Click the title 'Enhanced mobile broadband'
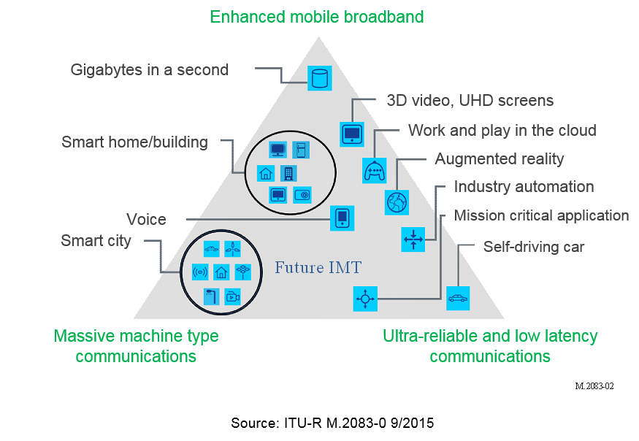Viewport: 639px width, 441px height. [x=316, y=16]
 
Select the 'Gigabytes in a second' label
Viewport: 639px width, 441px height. [x=149, y=70]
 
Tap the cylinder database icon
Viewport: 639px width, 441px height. [x=319, y=77]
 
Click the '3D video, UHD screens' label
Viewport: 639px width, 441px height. [x=470, y=101]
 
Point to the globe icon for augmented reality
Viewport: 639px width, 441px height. [x=397, y=202]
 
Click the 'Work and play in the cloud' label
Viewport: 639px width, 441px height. [x=502, y=131]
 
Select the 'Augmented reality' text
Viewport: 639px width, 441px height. [x=500, y=158]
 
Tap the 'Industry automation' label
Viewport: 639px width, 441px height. [x=524, y=186]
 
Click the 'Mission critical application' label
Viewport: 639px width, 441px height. [x=541, y=215]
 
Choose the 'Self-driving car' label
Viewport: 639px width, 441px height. [x=534, y=247]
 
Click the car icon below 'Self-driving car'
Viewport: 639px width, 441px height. [x=458, y=298]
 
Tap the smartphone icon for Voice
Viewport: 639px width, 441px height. [x=342, y=218]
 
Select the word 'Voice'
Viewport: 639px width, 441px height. [x=146, y=219]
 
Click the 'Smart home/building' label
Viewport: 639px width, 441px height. [x=134, y=142]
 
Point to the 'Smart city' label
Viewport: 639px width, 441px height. [x=96, y=240]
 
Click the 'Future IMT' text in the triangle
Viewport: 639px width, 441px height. [x=318, y=268]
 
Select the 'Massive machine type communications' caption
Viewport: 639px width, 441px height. [x=136, y=346]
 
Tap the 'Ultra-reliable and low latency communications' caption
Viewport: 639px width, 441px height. [x=490, y=346]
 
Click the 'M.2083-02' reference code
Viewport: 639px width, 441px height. [x=594, y=386]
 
